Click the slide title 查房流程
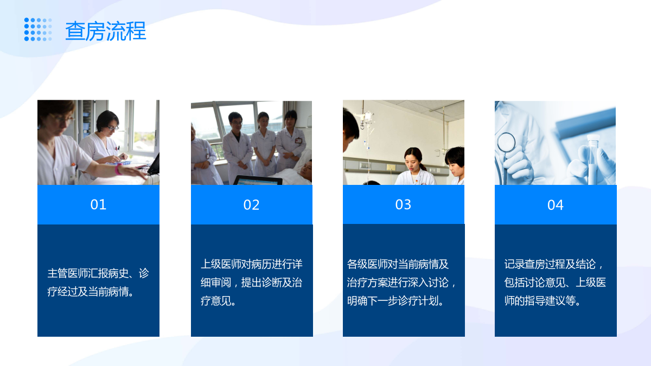(105, 31)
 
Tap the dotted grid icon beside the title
(38, 29)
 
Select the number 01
(98, 204)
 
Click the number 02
(251, 205)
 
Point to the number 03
(403, 204)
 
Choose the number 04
(556, 205)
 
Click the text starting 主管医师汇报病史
(98, 282)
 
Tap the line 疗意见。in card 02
(218, 300)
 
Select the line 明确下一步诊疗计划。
(395, 300)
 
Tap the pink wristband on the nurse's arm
(118, 169)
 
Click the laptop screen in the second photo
(258, 181)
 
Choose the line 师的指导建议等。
(542, 300)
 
